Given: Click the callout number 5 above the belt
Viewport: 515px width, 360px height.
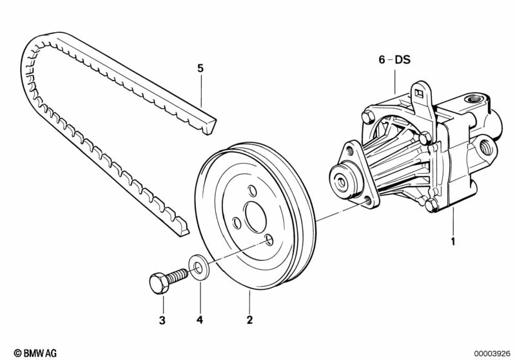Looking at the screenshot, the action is pos(200,68).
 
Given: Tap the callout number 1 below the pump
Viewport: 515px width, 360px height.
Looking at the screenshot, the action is pos(453,242).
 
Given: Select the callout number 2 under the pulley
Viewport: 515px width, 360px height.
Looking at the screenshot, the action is pos(249,320).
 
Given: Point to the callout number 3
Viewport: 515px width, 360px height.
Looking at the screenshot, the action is pos(162,320).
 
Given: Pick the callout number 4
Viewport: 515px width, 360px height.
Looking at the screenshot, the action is pos(200,320).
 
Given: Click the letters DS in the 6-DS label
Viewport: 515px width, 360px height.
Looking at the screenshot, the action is pos(403,60).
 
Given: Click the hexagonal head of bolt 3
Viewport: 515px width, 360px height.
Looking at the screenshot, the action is pos(159,283).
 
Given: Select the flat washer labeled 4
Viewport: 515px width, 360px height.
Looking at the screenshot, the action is pos(199,267).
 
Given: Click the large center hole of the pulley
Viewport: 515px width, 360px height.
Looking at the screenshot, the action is pos(255,217).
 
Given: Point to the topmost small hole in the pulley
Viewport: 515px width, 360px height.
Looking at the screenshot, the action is pos(252,191).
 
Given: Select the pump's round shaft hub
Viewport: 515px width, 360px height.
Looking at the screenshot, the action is pos(342,180).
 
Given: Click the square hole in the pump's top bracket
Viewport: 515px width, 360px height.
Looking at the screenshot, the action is pos(419,93).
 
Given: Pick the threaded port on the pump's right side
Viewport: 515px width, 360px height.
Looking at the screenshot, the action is pos(487,147).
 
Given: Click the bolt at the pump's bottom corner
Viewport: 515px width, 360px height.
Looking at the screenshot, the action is pos(431,205).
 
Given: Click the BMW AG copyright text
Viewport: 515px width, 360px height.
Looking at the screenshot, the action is pos(35,353).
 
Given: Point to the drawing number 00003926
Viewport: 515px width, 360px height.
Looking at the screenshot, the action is pos(492,354).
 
